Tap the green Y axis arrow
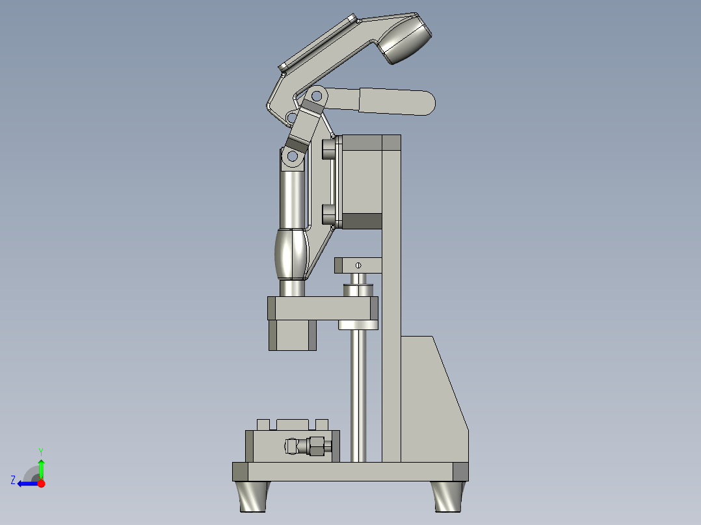click(x=41, y=467)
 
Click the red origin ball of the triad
click(x=41, y=483)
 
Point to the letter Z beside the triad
click(x=13, y=480)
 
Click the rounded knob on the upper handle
click(x=407, y=41)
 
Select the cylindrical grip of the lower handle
click(x=397, y=102)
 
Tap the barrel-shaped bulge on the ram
click(x=291, y=253)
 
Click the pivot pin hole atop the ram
click(x=292, y=156)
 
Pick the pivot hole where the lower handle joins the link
click(x=317, y=96)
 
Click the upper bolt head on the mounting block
click(x=328, y=149)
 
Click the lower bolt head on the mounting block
click(x=328, y=214)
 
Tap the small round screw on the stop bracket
click(x=358, y=264)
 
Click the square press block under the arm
click(x=292, y=335)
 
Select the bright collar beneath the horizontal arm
click(x=358, y=324)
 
